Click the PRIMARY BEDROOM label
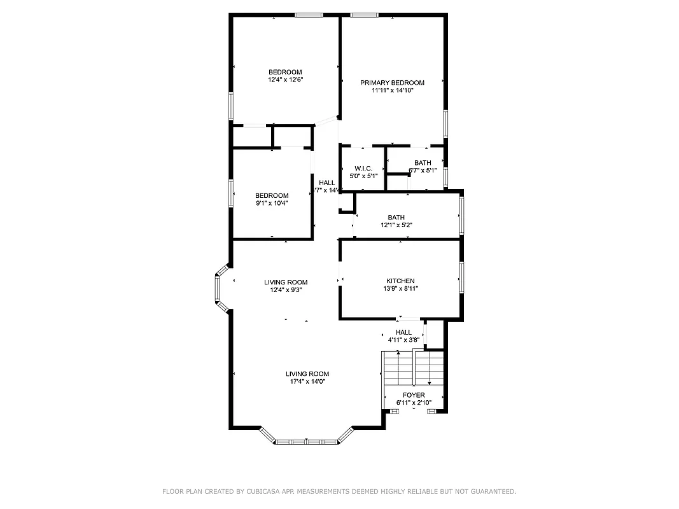392,83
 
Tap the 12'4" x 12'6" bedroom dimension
284,80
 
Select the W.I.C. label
363,168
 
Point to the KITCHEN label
400,281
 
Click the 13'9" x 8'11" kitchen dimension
400,289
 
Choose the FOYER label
414,395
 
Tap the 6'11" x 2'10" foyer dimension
414,403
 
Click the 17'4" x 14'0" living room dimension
307,382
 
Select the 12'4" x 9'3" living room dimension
286,290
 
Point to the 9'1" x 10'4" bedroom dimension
272,204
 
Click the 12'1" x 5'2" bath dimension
396,225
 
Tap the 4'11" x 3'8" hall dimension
403,340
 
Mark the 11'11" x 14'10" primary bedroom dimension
393,91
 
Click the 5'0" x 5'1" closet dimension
363,176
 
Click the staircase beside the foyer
412,368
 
